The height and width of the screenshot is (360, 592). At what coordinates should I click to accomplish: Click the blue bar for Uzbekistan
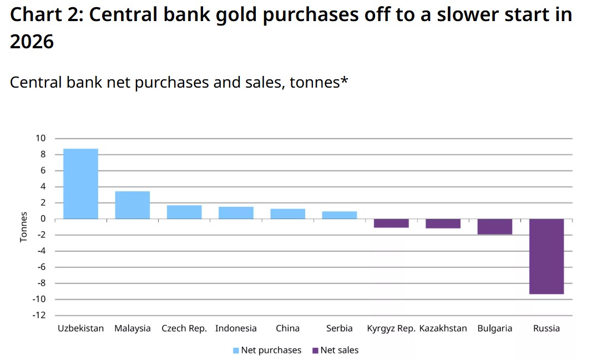[x=80, y=184]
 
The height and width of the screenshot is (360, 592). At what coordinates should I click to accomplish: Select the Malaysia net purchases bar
[x=132, y=205]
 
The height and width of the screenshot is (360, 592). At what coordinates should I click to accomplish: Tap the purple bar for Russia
[x=547, y=256]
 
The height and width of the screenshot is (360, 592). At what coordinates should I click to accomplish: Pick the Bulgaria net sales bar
[x=495, y=226]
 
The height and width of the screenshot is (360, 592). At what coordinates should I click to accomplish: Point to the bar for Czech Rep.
[x=184, y=212]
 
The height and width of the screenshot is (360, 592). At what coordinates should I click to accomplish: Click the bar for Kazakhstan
[x=443, y=224]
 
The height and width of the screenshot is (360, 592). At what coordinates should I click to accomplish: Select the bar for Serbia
[x=340, y=215]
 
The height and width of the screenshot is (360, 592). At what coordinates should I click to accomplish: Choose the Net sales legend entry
[x=336, y=350]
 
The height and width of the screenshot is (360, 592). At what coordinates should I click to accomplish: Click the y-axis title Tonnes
[x=24, y=227]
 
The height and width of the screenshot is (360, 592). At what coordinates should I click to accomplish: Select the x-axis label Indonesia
[x=236, y=328]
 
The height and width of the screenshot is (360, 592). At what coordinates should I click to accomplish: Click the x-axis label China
[x=287, y=328]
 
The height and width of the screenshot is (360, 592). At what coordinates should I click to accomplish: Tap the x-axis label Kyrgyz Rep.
[x=391, y=328]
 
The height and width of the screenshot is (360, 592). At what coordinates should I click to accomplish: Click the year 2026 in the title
[x=32, y=40]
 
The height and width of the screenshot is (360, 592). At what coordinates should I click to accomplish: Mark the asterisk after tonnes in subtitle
[x=344, y=81]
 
